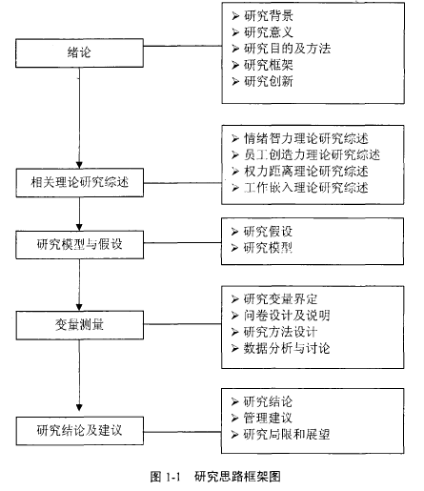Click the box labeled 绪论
tap(79, 53)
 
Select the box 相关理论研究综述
tap(79, 182)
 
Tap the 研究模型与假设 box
tap(79, 245)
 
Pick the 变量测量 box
tap(79, 325)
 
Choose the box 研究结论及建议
tap(79, 431)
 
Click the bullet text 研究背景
tap(269, 15)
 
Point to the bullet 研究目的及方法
tap(287, 49)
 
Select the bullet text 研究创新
tap(269, 81)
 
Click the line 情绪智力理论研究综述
tap(306, 138)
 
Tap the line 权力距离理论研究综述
tap(306, 172)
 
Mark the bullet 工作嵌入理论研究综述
tap(306, 188)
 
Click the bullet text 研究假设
tap(268, 232)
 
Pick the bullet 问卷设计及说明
tap(287, 316)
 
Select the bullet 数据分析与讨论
tap(287, 348)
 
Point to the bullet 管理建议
tap(268, 418)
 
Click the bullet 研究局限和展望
tap(287, 434)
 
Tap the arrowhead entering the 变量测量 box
tap(79, 308)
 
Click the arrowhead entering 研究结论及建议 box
tap(79, 407)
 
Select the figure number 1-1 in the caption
tap(173, 477)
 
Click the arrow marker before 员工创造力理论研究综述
tap(235, 155)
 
